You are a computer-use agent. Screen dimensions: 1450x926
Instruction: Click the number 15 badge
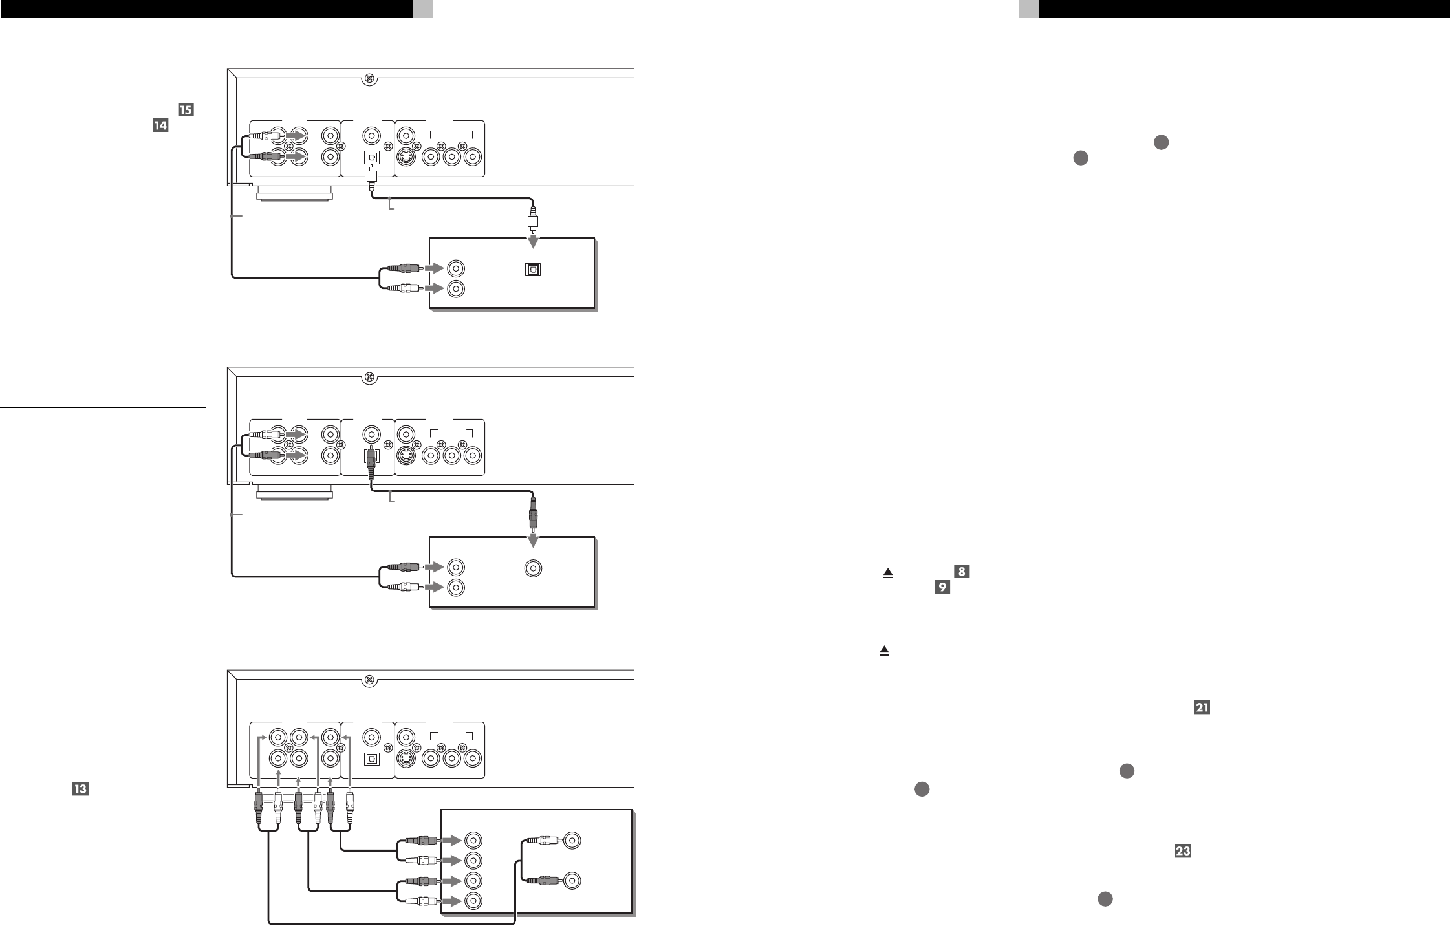[185, 111]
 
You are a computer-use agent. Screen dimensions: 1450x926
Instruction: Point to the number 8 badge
[962, 572]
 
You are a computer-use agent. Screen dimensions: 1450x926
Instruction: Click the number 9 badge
[942, 587]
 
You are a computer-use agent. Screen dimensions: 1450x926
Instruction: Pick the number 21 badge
[1202, 708]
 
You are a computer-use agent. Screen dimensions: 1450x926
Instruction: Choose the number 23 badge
[1183, 852]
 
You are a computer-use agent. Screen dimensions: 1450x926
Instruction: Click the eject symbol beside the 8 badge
[888, 573]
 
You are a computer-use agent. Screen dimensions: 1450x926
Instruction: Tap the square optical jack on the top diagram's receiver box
[533, 269]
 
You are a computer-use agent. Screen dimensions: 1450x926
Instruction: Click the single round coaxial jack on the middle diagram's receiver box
[532, 568]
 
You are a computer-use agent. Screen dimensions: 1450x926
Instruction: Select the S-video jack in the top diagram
[406, 156]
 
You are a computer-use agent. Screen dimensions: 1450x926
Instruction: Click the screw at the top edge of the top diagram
[369, 78]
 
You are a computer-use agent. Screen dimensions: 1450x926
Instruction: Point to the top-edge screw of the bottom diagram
[369, 680]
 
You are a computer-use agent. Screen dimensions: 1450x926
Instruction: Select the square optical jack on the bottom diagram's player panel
[372, 759]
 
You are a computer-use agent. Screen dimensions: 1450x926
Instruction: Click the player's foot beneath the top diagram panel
[294, 193]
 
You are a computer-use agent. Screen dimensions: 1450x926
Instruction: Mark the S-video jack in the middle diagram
[406, 456]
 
